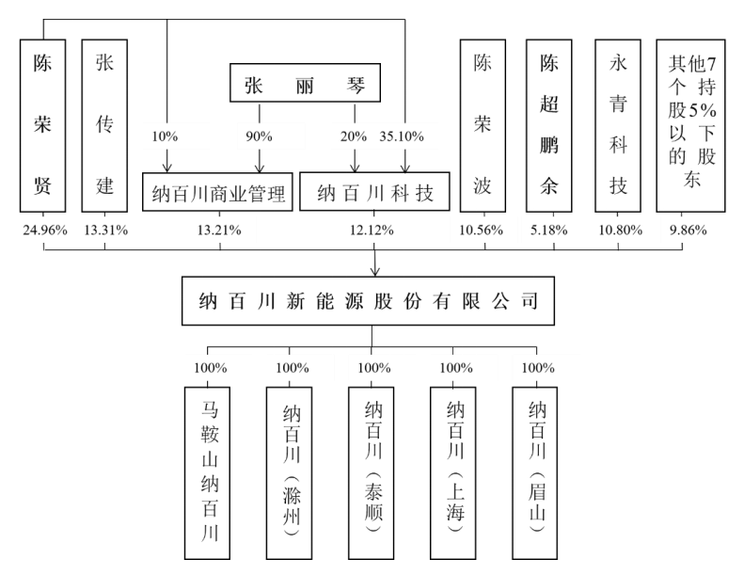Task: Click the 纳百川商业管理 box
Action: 218,192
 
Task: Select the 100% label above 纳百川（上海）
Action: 456,367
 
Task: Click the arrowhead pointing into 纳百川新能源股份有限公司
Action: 375,272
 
